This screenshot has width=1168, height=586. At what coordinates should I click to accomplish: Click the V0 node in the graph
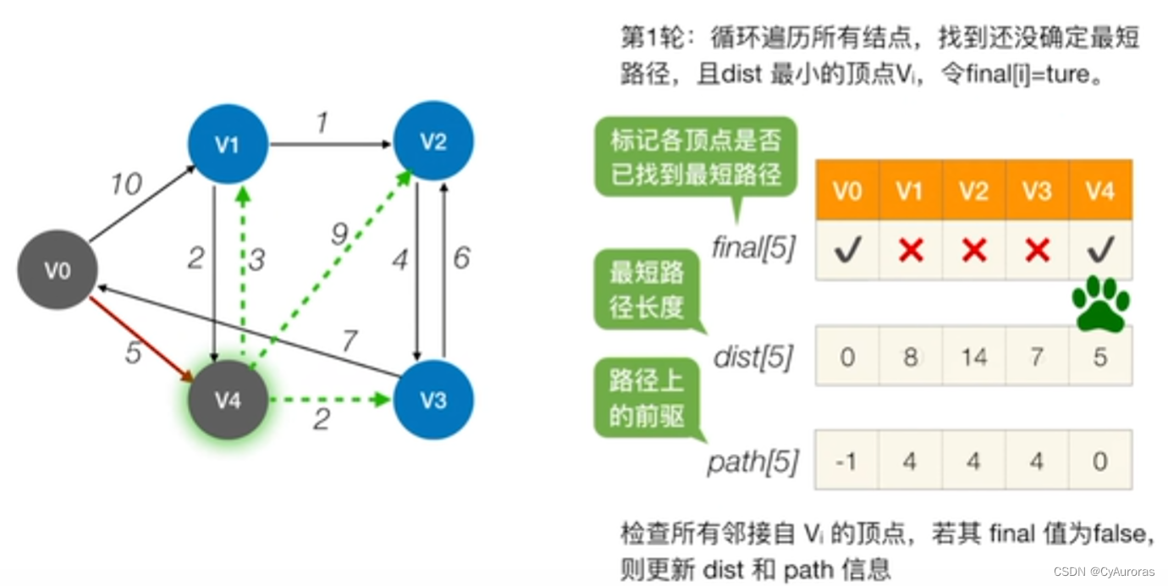58,271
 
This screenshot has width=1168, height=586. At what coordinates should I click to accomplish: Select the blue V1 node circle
228,144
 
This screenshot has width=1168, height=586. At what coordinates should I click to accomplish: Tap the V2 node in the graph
433,141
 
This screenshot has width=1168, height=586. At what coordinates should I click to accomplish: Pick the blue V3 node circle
433,400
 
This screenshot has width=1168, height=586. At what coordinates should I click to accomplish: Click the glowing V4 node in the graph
228,400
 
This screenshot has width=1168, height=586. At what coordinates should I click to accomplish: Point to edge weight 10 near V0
126,184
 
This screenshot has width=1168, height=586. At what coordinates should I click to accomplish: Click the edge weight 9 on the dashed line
339,235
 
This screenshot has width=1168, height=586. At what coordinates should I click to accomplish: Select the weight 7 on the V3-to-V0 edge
349,341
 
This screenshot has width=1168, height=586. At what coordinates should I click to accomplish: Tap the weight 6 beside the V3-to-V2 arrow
461,258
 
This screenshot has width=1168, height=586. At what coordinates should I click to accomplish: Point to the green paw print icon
1100,303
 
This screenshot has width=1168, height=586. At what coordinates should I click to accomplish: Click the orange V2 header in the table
973,191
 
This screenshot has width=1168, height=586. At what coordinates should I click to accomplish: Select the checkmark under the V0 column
846,249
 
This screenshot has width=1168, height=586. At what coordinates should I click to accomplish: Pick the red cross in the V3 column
1037,249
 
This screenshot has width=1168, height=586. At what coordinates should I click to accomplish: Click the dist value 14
973,357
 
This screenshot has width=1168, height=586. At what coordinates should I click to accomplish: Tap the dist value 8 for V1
910,357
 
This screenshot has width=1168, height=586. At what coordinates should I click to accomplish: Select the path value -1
846,462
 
